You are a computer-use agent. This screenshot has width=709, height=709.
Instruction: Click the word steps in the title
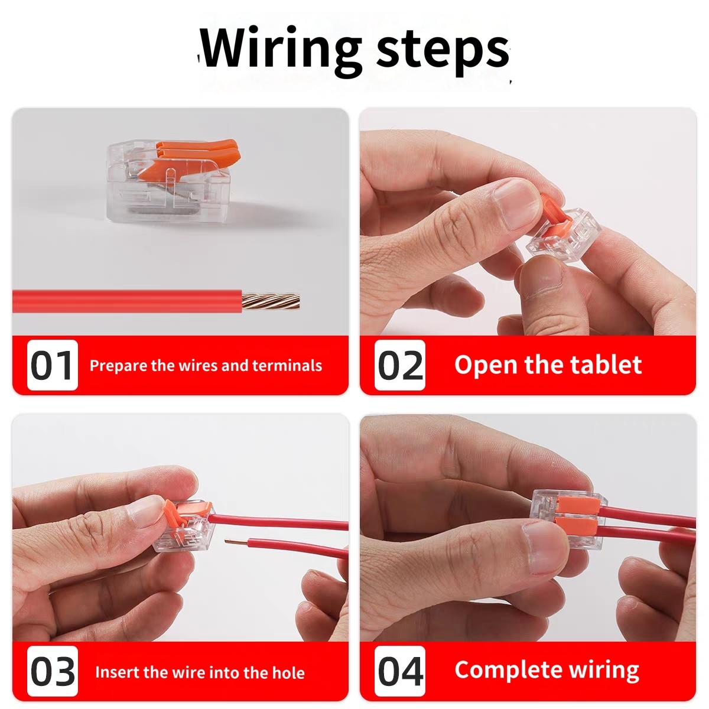tap(443, 51)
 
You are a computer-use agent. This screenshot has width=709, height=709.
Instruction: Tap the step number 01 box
tap(52, 365)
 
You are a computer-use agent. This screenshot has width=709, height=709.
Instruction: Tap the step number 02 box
tap(399, 365)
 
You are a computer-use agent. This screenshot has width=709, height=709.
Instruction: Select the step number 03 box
tap(52, 671)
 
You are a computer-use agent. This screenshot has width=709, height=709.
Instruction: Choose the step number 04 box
tap(399, 671)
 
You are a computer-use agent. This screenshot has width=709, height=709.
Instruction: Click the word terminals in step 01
tap(287, 365)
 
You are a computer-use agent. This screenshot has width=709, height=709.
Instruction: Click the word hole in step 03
tap(288, 672)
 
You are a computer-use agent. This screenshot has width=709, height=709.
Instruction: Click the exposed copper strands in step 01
tap(271, 301)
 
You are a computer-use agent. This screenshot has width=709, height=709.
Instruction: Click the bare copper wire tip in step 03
tap(236, 541)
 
